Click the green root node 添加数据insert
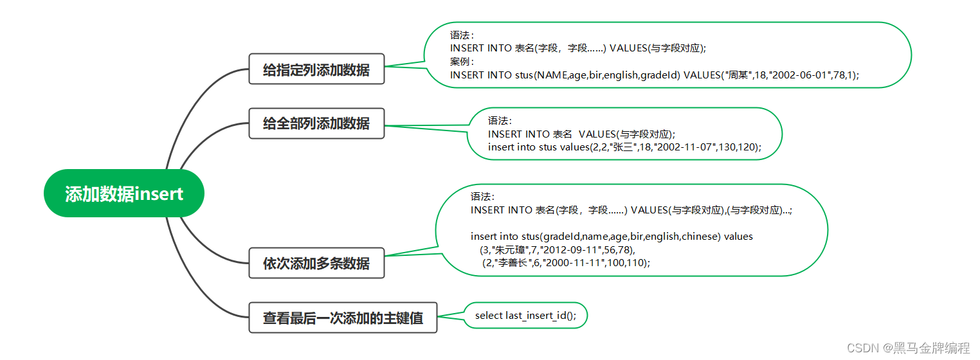(x=124, y=194)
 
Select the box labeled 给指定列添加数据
(x=316, y=69)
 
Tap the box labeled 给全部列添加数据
(x=316, y=123)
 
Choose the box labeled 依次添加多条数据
(x=316, y=263)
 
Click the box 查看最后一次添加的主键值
(x=343, y=317)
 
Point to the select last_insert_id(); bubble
(x=526, y=316)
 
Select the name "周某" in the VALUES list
(x=737, y=75)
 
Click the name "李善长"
(x=513, y=262)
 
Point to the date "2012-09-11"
(x=568, y=249)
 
